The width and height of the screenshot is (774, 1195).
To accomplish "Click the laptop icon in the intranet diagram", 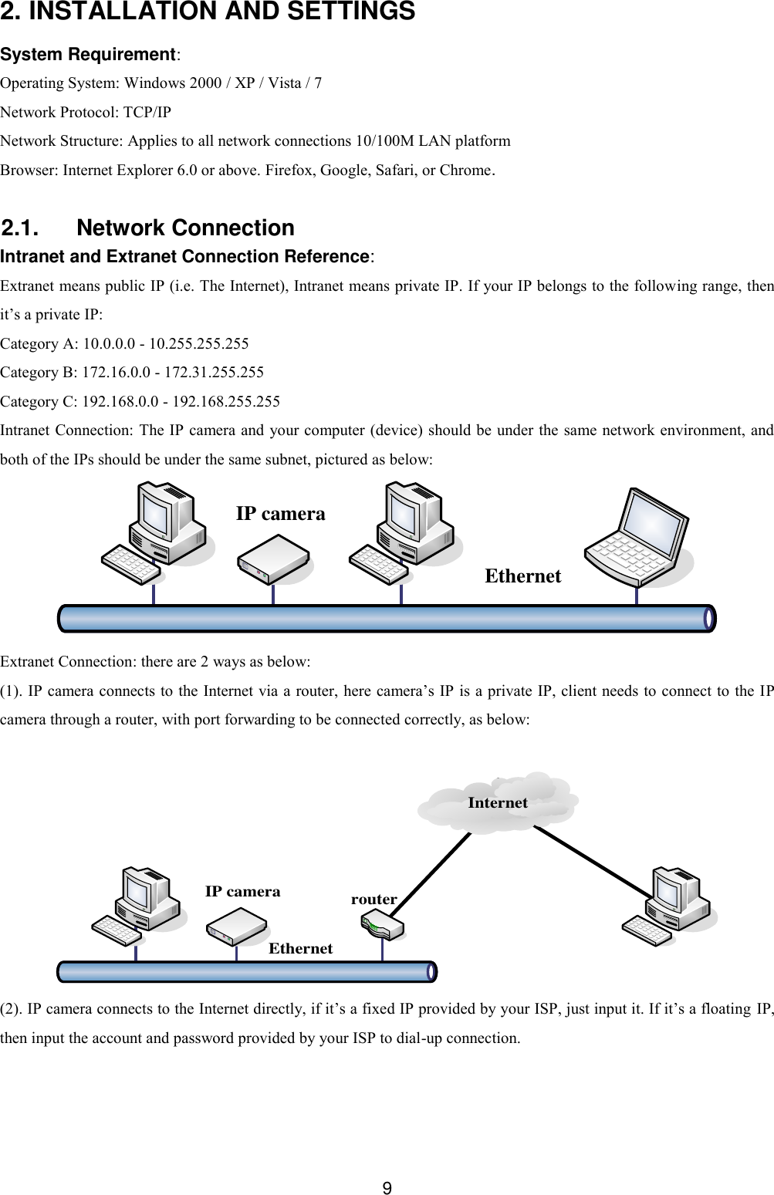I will [637, 538].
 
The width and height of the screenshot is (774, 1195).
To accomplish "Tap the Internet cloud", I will [498, 803].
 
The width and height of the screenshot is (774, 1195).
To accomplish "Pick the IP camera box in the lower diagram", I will [236, 927].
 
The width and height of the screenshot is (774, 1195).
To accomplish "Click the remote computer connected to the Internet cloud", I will [670, 906].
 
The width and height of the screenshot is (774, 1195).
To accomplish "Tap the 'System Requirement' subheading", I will [89, 55].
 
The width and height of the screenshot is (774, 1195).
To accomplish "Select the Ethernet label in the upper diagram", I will [522, 576].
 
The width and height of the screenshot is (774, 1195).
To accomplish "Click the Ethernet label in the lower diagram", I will [300, 949].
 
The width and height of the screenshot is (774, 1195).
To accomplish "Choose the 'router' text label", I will [373, 900].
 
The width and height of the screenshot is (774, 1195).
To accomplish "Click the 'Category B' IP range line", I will [132, 373].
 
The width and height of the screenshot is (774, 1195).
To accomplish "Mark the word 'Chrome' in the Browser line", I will [465, 170].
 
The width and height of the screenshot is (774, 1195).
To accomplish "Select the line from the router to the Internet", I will [434, 872].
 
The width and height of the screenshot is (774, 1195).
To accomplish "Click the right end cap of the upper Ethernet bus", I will [710, 619].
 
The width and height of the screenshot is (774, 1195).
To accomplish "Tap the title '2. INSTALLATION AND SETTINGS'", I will [208, 12].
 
